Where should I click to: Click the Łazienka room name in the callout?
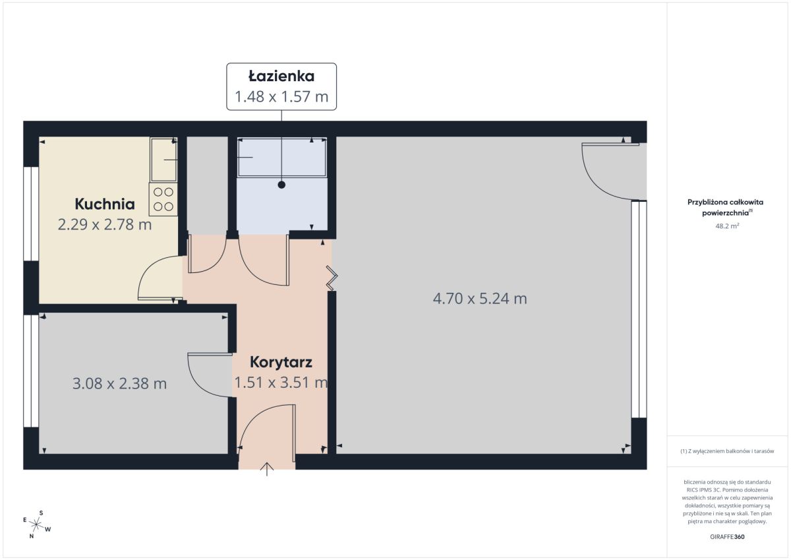point(281,77)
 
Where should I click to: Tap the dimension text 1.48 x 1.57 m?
point(281,96)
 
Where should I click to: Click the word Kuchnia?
point(105,204)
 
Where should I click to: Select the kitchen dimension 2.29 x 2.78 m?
point(105,224)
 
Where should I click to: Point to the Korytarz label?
point(281,362)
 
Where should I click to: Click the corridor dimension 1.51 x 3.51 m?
point(281,383)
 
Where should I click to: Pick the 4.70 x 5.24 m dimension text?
point(480,299)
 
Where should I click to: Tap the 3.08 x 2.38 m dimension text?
point(119,383)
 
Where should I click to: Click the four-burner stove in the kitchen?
point(163,199)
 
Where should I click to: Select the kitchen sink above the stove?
point(163,160)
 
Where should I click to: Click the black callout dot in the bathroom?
point(281,185)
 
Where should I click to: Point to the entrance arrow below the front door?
point(267,469)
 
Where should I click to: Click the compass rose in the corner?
point(36,524)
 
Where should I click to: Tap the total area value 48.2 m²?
point(727,226)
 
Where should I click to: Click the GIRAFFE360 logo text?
point(727,537)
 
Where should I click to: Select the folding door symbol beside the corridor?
point(332,278)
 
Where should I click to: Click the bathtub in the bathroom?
point(282,157)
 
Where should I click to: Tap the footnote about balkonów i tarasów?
point(727,451)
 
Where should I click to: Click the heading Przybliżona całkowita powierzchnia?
point(725,207)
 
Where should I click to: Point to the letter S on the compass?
point(41,513)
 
